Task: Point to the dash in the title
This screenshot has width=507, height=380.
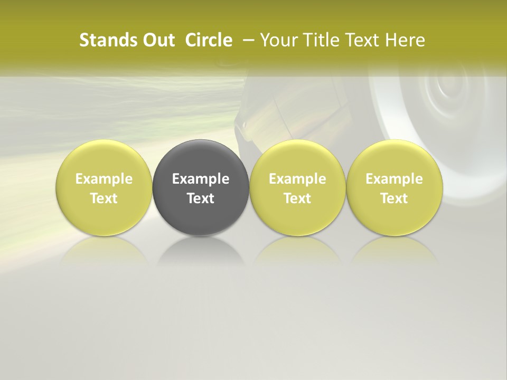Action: (x=246, y=40)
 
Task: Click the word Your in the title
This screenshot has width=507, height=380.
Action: (x=278, y=40)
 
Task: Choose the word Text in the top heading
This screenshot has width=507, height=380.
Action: (x=358, y=40)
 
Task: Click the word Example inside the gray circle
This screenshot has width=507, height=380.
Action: (x=201, y=179)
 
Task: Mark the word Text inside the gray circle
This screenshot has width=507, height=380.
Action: (x=201, y=198)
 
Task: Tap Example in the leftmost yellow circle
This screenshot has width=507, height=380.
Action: (x=104, y=179)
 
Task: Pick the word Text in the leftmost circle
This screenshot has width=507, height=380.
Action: (x=104, y=198)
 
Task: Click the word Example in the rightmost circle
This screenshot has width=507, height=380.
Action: (x=394, y=179)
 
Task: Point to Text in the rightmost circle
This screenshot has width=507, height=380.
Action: (x=394, y=198)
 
